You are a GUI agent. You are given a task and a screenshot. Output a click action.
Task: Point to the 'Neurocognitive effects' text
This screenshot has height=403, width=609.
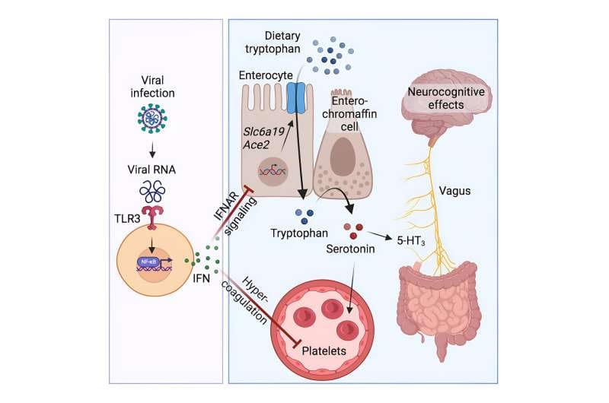(457, 97)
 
